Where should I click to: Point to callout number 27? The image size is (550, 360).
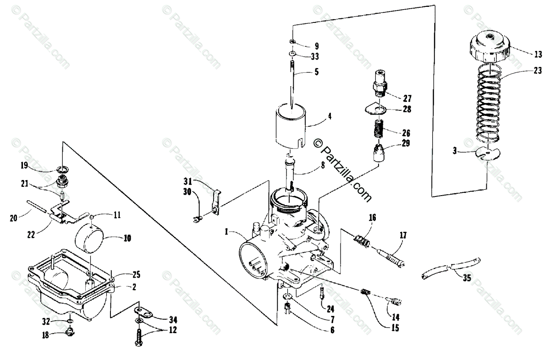(407, 98)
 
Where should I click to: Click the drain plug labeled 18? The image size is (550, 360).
(71, 332)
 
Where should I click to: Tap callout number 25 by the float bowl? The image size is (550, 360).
(137, 275)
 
